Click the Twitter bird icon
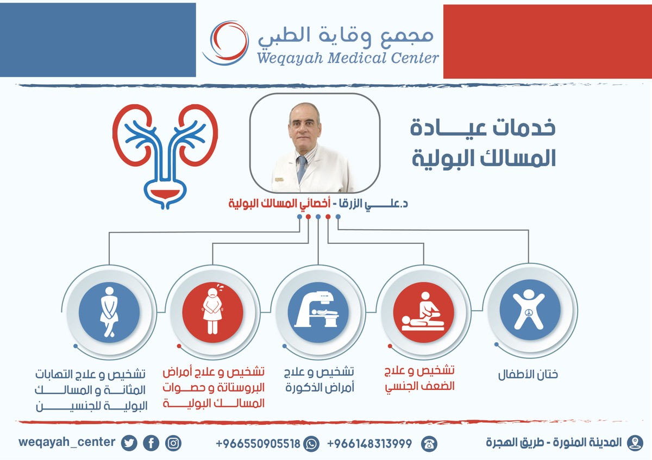[x=129, y=443]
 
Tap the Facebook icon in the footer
[x=151, y=443]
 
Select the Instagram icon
[x=173, y=443]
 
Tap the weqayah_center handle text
[x=67, y=442]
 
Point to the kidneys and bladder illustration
[x=165, y=155]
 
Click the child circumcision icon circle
[x=529, y=310]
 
